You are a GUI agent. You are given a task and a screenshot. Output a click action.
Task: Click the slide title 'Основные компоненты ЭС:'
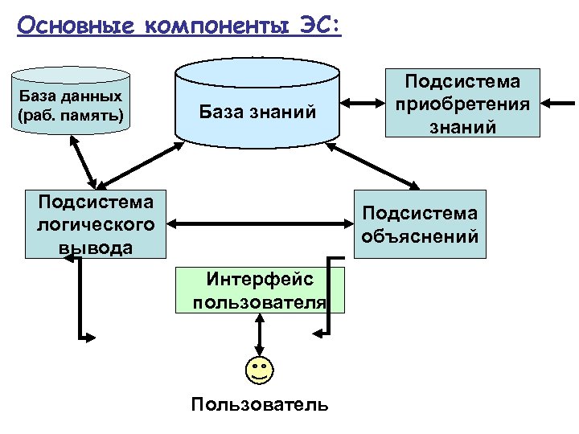coord(179,26)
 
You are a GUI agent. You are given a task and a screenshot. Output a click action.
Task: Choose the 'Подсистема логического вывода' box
coord(96,223)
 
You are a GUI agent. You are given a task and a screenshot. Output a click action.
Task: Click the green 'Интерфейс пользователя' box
coord(261,290)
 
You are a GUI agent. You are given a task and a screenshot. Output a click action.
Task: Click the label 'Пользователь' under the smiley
coord(260,403)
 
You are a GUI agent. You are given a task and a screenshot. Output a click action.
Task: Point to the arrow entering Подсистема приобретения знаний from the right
coord(558,104)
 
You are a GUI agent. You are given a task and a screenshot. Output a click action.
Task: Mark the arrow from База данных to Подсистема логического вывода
coord(84,164)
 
